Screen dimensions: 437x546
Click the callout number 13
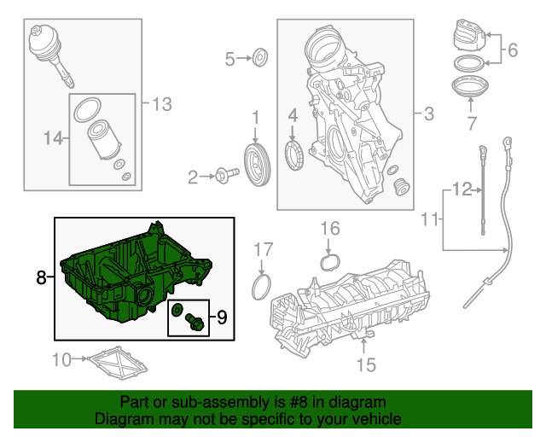(x=161, y=104)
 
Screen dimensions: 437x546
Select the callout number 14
(x=53, y=137)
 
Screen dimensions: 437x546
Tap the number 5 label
(x=229, y=59)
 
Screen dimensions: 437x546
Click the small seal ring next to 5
(x=260, y=59)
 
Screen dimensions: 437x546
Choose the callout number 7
(x=470, y=125)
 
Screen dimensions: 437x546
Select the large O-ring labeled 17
(x=262, y=287)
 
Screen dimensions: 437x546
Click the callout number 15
(x=365, y=364)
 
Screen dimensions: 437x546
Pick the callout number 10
(x=63, y=359)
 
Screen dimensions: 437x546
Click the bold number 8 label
(x=40, y=277)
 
